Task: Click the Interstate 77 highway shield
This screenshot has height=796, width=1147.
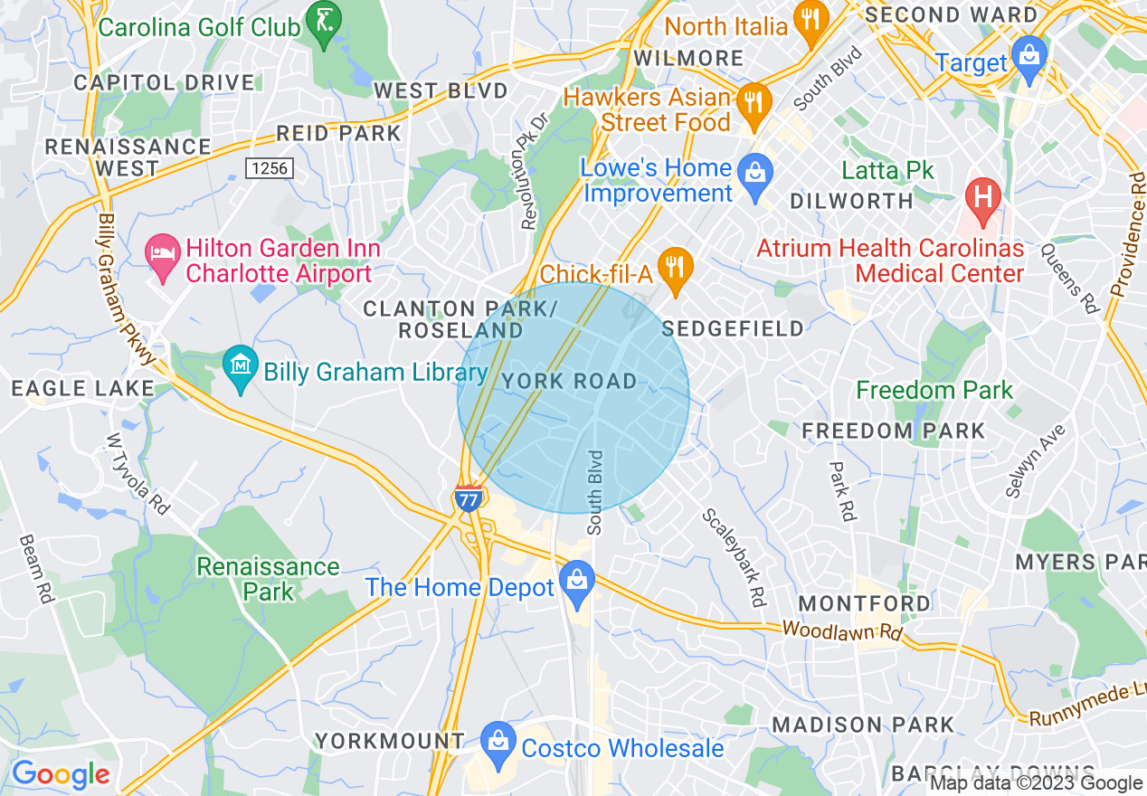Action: click(468, 498)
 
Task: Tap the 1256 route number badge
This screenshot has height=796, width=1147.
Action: click(270, 168)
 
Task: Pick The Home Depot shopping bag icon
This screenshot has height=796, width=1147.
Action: click(576, 585)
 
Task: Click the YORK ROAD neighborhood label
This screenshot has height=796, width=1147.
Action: click(570, 382)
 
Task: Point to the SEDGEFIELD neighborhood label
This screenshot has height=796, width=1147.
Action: click(733, 328)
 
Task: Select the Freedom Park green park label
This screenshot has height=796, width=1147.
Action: click(934, 391)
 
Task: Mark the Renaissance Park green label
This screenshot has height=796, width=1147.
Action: click(269, 579)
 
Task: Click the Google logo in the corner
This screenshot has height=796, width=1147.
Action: click(61, 774)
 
